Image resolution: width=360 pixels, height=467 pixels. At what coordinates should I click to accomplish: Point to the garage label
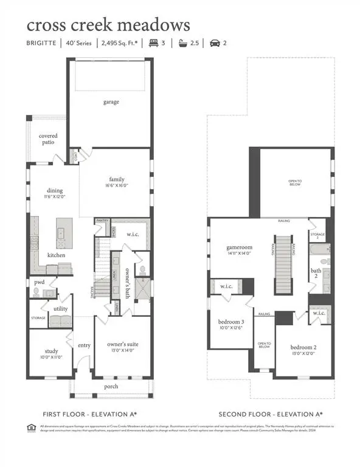click(x=109, y=103)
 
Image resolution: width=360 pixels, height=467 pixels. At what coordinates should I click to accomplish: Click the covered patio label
click(x=49, y=139)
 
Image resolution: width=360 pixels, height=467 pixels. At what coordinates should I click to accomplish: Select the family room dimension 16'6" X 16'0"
click(x=117, y=186)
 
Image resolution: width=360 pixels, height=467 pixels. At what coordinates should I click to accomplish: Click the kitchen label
click(x=57, y=255)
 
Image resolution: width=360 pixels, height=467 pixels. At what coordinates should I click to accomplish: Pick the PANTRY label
click(x=102, y=221)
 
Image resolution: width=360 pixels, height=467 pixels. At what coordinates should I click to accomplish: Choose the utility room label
click(x=60, y=309)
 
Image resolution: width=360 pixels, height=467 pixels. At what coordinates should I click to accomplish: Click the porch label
click(x=111, y=386)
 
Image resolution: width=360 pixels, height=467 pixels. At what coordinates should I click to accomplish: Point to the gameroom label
click(x=239, y=248)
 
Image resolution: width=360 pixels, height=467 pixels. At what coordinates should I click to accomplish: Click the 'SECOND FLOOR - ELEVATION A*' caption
click(x=270, y=414)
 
